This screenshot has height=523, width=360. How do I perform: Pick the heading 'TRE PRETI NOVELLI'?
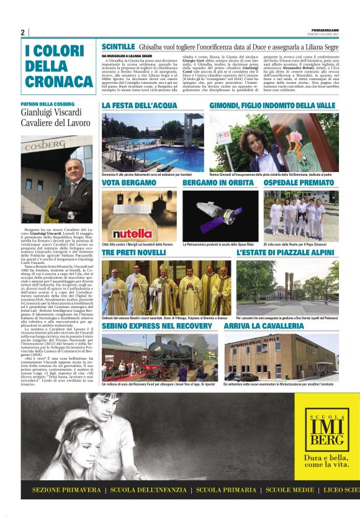tap(133, 254)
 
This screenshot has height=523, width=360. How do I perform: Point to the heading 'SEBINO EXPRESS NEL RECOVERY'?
tap(158, 325)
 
